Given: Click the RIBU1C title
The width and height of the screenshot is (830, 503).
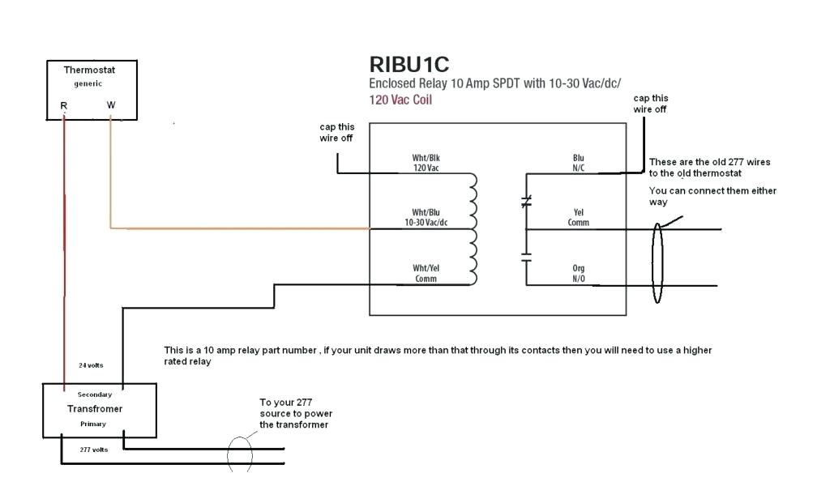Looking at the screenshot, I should click(x=410, y=64).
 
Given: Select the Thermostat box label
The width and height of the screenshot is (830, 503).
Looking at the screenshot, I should click(x=89, y=70).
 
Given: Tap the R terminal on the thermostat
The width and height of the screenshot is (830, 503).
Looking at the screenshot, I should click(x=63, y=105).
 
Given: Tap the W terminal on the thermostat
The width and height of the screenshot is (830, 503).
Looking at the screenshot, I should click(x=111, y=105).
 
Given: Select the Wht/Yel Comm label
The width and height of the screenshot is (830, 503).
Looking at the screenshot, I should click(x=426, y=273).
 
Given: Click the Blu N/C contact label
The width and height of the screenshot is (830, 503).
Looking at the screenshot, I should click(x=578, y=163).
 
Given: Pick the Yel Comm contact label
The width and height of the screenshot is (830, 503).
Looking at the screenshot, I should click(x=578, y=217).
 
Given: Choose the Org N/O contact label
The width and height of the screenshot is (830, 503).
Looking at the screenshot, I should click(x=577, y=273).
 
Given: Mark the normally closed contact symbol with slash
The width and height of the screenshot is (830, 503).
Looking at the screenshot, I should click(x=526, y=200).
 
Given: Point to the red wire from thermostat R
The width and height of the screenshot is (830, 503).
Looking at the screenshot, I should click(x=63, y=243).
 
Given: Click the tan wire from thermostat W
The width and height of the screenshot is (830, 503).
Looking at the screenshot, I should click(x=243, y=228).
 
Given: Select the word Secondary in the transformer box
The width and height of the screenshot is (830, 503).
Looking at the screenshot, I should click(x=95, y=394).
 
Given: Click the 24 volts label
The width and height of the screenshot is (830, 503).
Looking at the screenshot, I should click(x=91, y=365).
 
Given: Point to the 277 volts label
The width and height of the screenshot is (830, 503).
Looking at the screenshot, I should click(x=93, y=449).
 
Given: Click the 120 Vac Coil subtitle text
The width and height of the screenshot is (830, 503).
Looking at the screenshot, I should click(x=400, y=100).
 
